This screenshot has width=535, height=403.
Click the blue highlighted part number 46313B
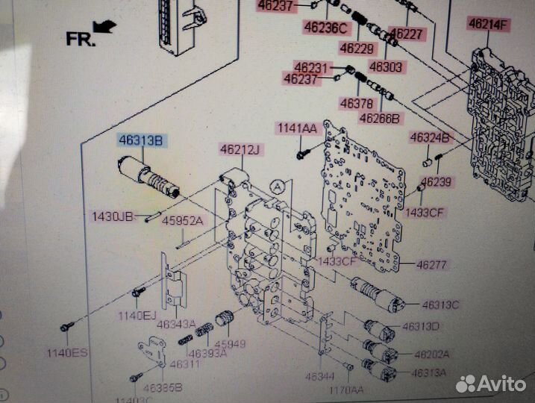pyautogui.click(x=142, y=140)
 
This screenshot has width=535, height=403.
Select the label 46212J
pyautogui.click(x=240, y=150)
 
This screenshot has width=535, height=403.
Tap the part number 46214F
pyautogui.click(x=488, y=24)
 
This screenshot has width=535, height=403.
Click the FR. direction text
pyautogui.click(x=81, y=39)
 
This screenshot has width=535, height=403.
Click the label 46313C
pyautogui.click(x=441, y=304)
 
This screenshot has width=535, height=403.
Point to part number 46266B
pyautogui.click(x=380, y=118)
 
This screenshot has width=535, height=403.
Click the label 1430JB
pyautogui.click(x=113, y=216)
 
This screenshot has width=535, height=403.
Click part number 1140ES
pyautogui.click(x=66, y=352)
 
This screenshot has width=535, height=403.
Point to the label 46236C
pyautogui.click(x=325, y=28)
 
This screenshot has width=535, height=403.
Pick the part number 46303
pyautogui.click(x=385, y=67)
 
